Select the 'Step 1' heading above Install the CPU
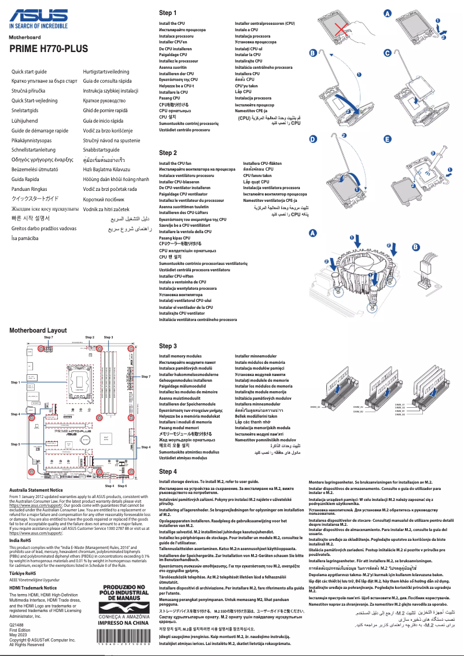coord(168,13)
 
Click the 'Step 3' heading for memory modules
coord(168,346)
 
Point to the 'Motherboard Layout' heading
coord(38,330)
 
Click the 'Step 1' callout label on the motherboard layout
coord(15,383)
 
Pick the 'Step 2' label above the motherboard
coord(90,337)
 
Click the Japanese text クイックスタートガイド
coord(38,198)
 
